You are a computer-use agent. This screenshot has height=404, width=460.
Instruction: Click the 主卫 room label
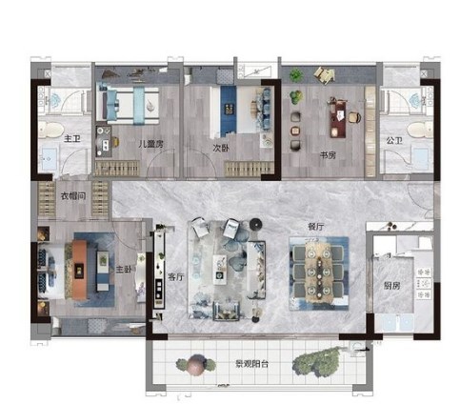[72, 138]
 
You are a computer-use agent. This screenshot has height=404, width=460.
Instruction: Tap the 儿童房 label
[151, 144]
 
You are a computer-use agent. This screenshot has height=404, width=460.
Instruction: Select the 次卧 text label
[221, 148]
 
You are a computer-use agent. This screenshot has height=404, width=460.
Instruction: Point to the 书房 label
[328, 155]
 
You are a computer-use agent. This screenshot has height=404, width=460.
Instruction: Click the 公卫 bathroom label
[394, 140]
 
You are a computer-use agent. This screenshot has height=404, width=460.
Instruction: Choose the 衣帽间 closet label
[73, 195]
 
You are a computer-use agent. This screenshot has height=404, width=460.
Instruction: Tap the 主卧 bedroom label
[123, 270]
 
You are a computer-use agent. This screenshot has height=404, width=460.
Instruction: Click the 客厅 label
[175, 276]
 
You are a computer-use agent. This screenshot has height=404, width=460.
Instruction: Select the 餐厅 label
[316, 227]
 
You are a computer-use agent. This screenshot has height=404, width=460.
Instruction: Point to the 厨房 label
[391, 286]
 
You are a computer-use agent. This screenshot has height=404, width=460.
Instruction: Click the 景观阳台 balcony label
[252, 364]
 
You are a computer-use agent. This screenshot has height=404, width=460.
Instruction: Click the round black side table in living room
[256, 224]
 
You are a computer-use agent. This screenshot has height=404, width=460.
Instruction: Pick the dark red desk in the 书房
[338, 118]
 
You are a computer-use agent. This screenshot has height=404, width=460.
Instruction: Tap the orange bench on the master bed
[79, 270]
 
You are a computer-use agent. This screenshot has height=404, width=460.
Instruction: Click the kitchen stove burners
[424, 284]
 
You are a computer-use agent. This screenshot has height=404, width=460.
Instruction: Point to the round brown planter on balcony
[196, 365]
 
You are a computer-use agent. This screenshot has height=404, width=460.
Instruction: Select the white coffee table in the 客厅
[220, 270]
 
